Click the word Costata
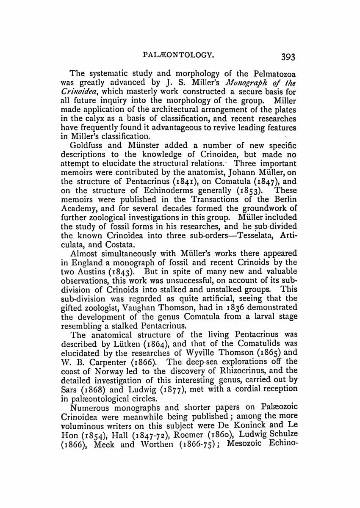pos(123,245)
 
